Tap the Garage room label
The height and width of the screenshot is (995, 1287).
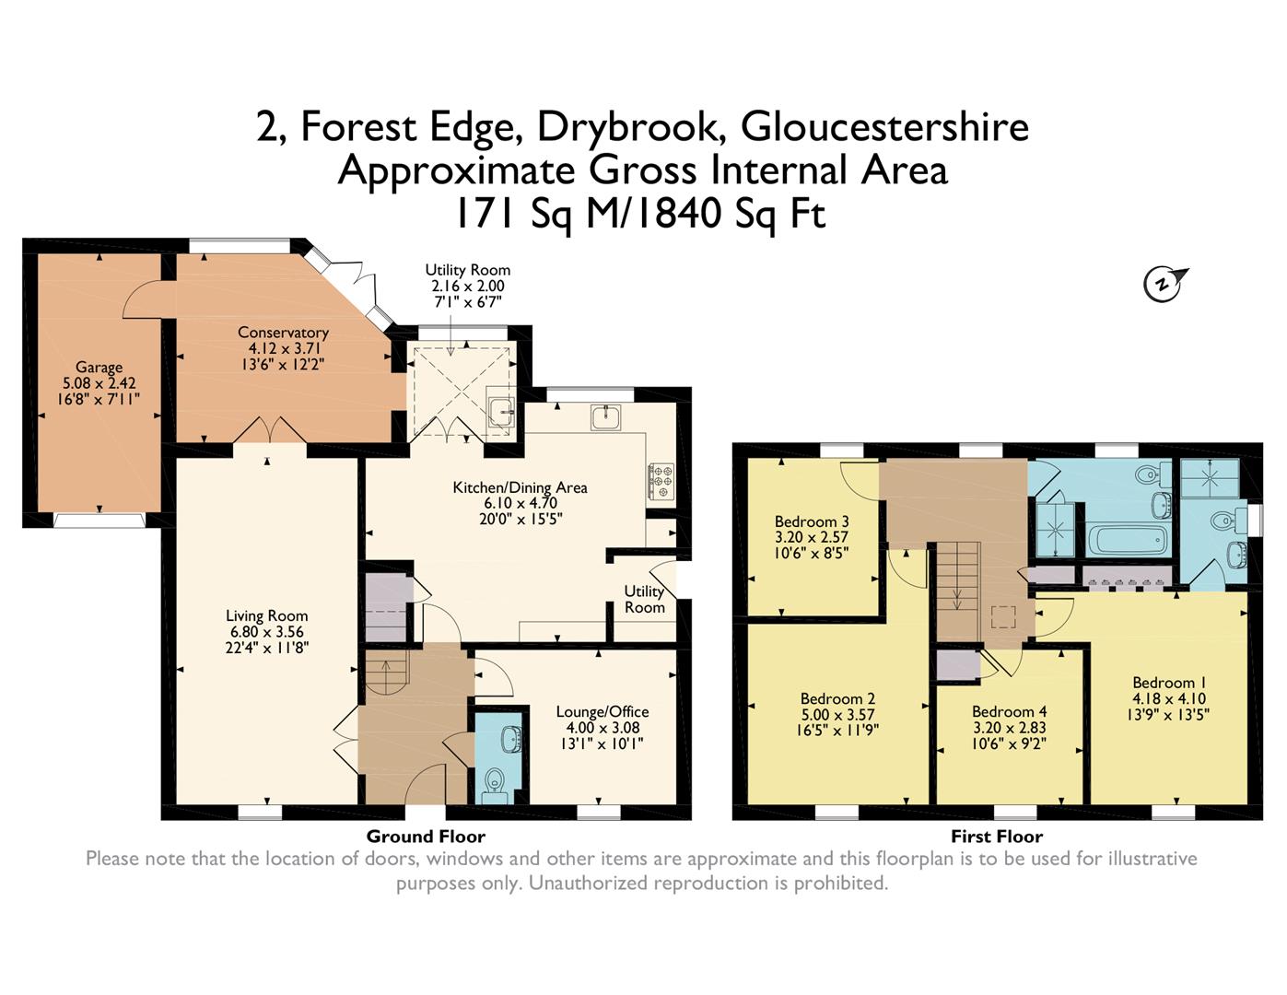[x=99, y=368]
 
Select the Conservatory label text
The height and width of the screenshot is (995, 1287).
[x=283, y=333]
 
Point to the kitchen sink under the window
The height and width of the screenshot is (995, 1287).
[x=605, y=417]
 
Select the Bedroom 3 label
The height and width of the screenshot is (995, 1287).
[x=812, y=521]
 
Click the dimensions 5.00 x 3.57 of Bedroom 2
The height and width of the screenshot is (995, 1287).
[x=837, y=715]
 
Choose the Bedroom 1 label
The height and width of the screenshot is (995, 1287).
[x=1169, y=683]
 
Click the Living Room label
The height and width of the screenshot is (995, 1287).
[x=266, y=616]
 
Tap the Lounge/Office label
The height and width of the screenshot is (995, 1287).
[x=603, y=712]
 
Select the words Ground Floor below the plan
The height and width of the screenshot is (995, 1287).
[x=426, y=837]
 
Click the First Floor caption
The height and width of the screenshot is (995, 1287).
[x=997, y=837]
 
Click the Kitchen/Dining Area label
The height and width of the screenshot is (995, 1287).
[x=520, y=487]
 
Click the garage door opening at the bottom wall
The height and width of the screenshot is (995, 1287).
[x=99, y=520]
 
